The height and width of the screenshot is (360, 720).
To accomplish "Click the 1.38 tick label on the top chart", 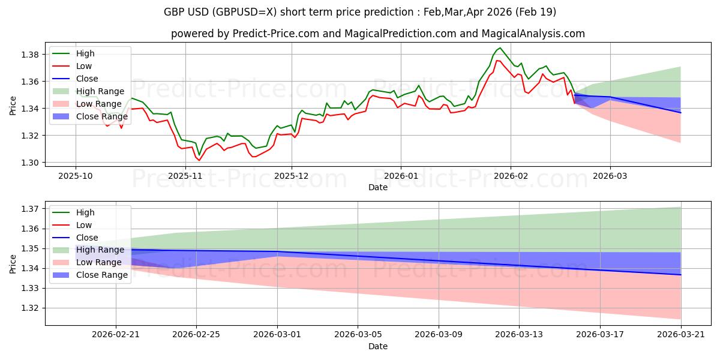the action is [30, 55].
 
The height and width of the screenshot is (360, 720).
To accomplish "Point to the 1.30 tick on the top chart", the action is [30, 163].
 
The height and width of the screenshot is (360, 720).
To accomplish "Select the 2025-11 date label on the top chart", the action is [185, 176].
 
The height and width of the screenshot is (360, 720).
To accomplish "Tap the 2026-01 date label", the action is [401, 176].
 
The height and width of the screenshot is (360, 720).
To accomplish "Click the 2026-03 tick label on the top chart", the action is [610, 176].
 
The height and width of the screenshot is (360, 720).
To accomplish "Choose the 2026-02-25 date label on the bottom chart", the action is [196, 335].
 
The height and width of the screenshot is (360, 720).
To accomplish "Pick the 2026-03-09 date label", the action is [439, 335].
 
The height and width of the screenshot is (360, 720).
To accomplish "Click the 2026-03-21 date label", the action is [681, 335].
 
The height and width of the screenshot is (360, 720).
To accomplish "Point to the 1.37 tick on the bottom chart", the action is [30, 209].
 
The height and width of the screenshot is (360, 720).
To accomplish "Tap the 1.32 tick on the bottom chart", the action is [30, 308].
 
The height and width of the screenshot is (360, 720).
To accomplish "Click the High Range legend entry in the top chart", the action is [88, 91].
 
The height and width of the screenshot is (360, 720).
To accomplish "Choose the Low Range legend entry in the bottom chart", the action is [87, 262].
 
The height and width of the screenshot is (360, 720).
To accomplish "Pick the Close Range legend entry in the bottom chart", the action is [90, 275].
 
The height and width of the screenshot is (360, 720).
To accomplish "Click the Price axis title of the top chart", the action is [13, 106].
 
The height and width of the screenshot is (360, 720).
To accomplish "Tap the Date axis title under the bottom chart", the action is [378, 346].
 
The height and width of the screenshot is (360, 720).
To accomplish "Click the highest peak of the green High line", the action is [500, 48].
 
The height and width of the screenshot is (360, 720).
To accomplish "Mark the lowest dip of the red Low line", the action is [199, 160].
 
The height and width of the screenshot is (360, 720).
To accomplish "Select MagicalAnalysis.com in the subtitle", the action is [533, 34].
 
